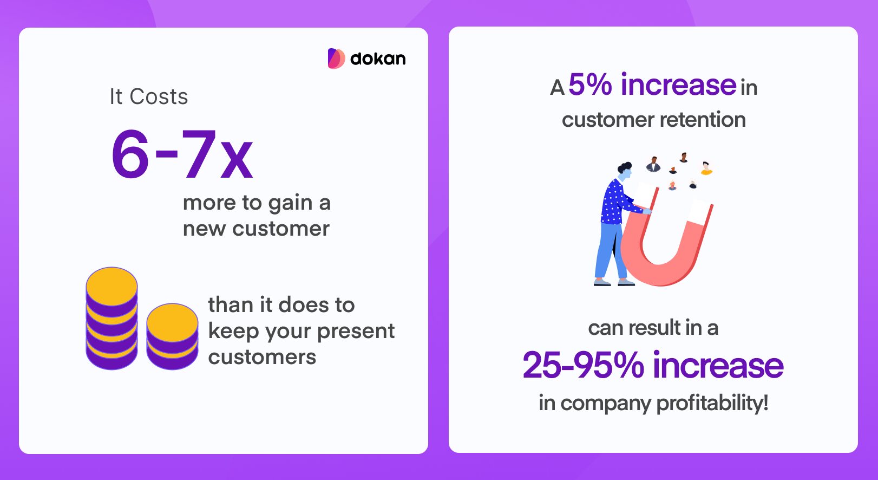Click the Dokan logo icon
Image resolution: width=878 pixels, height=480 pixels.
point(336,59)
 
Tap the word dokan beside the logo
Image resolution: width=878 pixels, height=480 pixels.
point(378,59)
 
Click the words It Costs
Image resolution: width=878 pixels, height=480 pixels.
point(148,96)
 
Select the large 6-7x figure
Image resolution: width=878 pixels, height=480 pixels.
point(182,154)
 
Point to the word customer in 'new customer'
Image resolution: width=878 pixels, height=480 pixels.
point(280,229)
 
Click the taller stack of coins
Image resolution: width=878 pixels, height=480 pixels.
point(112,318)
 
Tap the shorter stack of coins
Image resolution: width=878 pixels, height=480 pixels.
point(173,336)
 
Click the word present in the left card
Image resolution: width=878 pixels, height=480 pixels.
point(356,332)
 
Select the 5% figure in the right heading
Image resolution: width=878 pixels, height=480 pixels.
point(590,85)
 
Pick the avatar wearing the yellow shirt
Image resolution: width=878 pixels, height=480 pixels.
point(706,168)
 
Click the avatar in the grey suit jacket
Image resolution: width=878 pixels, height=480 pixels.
point(653,164)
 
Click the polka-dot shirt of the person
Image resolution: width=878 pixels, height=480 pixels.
point(616,202)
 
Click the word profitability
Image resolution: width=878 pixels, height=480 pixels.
point(712,403)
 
